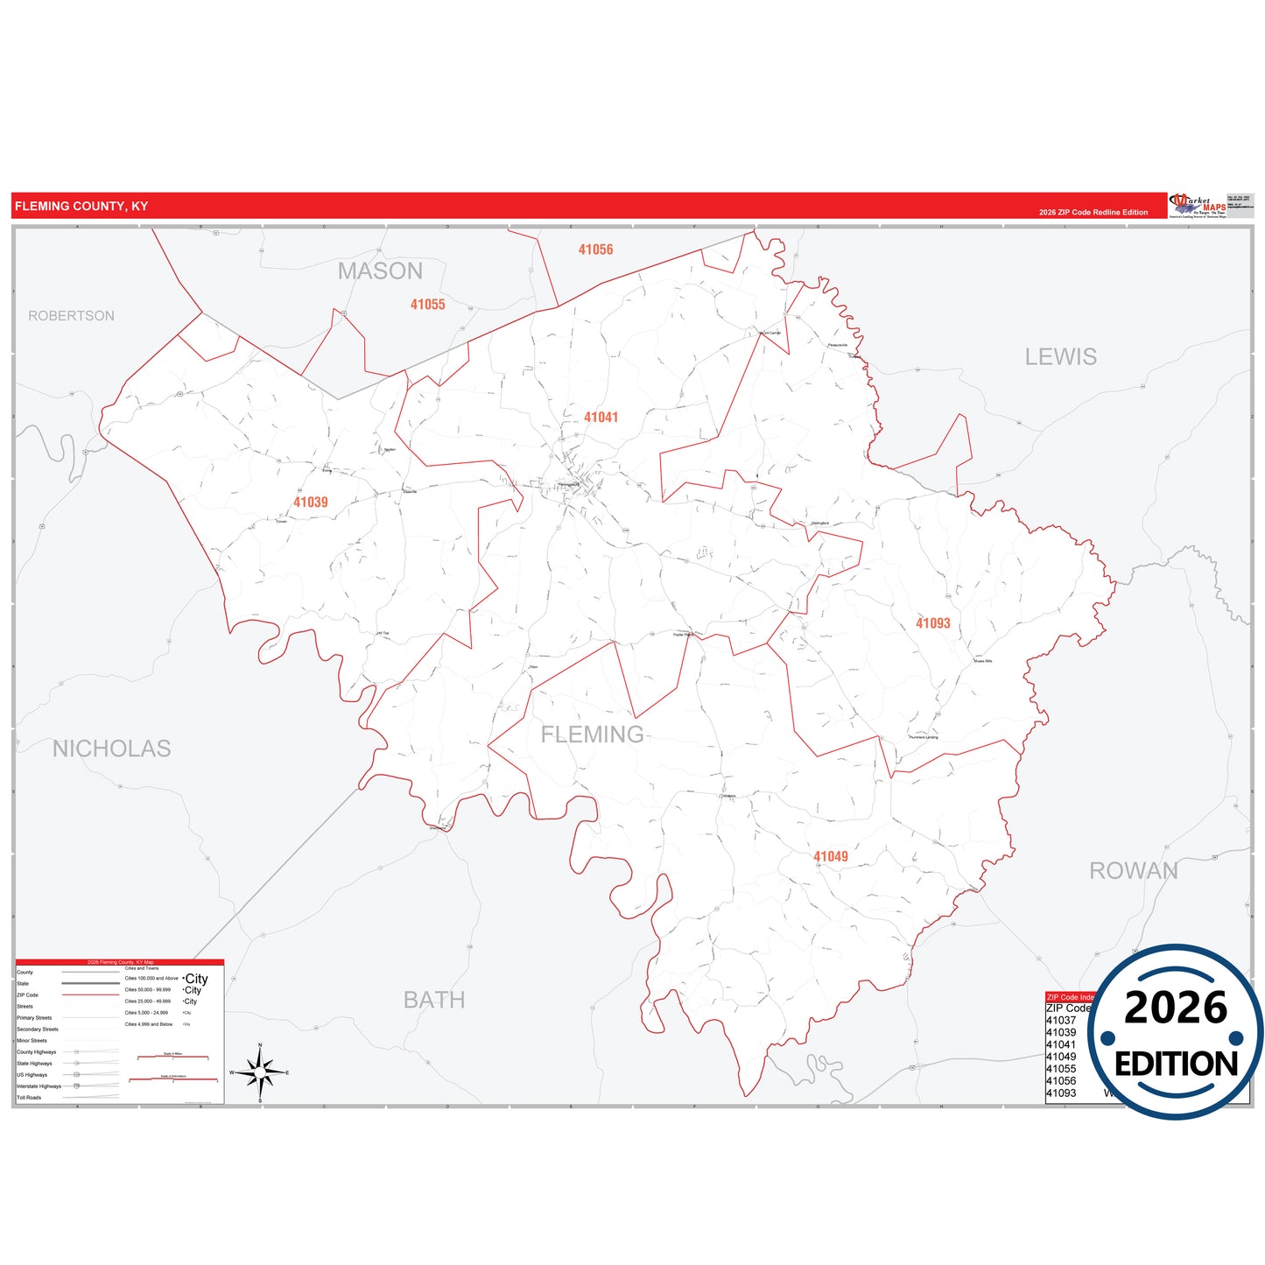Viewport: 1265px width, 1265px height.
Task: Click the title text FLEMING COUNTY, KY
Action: point(81,207)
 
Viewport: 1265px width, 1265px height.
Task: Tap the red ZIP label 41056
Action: point(595,249)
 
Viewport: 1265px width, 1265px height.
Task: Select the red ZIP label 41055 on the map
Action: point(427,305)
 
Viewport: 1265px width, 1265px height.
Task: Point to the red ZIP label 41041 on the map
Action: point(601,418)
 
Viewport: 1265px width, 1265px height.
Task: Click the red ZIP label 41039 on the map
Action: point(311,502)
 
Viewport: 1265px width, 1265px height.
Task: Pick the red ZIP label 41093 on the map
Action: point(932,623)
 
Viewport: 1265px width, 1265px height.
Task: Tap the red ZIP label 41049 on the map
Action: point(830,856)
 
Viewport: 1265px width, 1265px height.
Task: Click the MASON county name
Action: point(380,271)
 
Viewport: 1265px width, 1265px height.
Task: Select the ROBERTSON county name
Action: point(71,316)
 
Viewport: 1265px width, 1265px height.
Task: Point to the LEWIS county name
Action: point(1060,357)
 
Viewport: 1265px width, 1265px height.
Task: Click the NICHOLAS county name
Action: point(111,748)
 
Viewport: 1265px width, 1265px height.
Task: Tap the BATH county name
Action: point(434,1000)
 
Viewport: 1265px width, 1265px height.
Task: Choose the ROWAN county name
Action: point(1133,871)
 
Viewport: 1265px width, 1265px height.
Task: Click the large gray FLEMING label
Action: point(592,734)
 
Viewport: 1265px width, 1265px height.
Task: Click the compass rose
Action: point(260,1072)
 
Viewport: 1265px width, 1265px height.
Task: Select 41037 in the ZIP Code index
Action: point(1060,1021)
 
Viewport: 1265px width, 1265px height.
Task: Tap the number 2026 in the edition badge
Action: point(1176,1008)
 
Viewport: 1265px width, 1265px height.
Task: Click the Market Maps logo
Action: point(1197,206)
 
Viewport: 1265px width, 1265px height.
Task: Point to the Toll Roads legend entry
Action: point(29,1098)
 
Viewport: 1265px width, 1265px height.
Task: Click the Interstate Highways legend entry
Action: point(39,1086)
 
